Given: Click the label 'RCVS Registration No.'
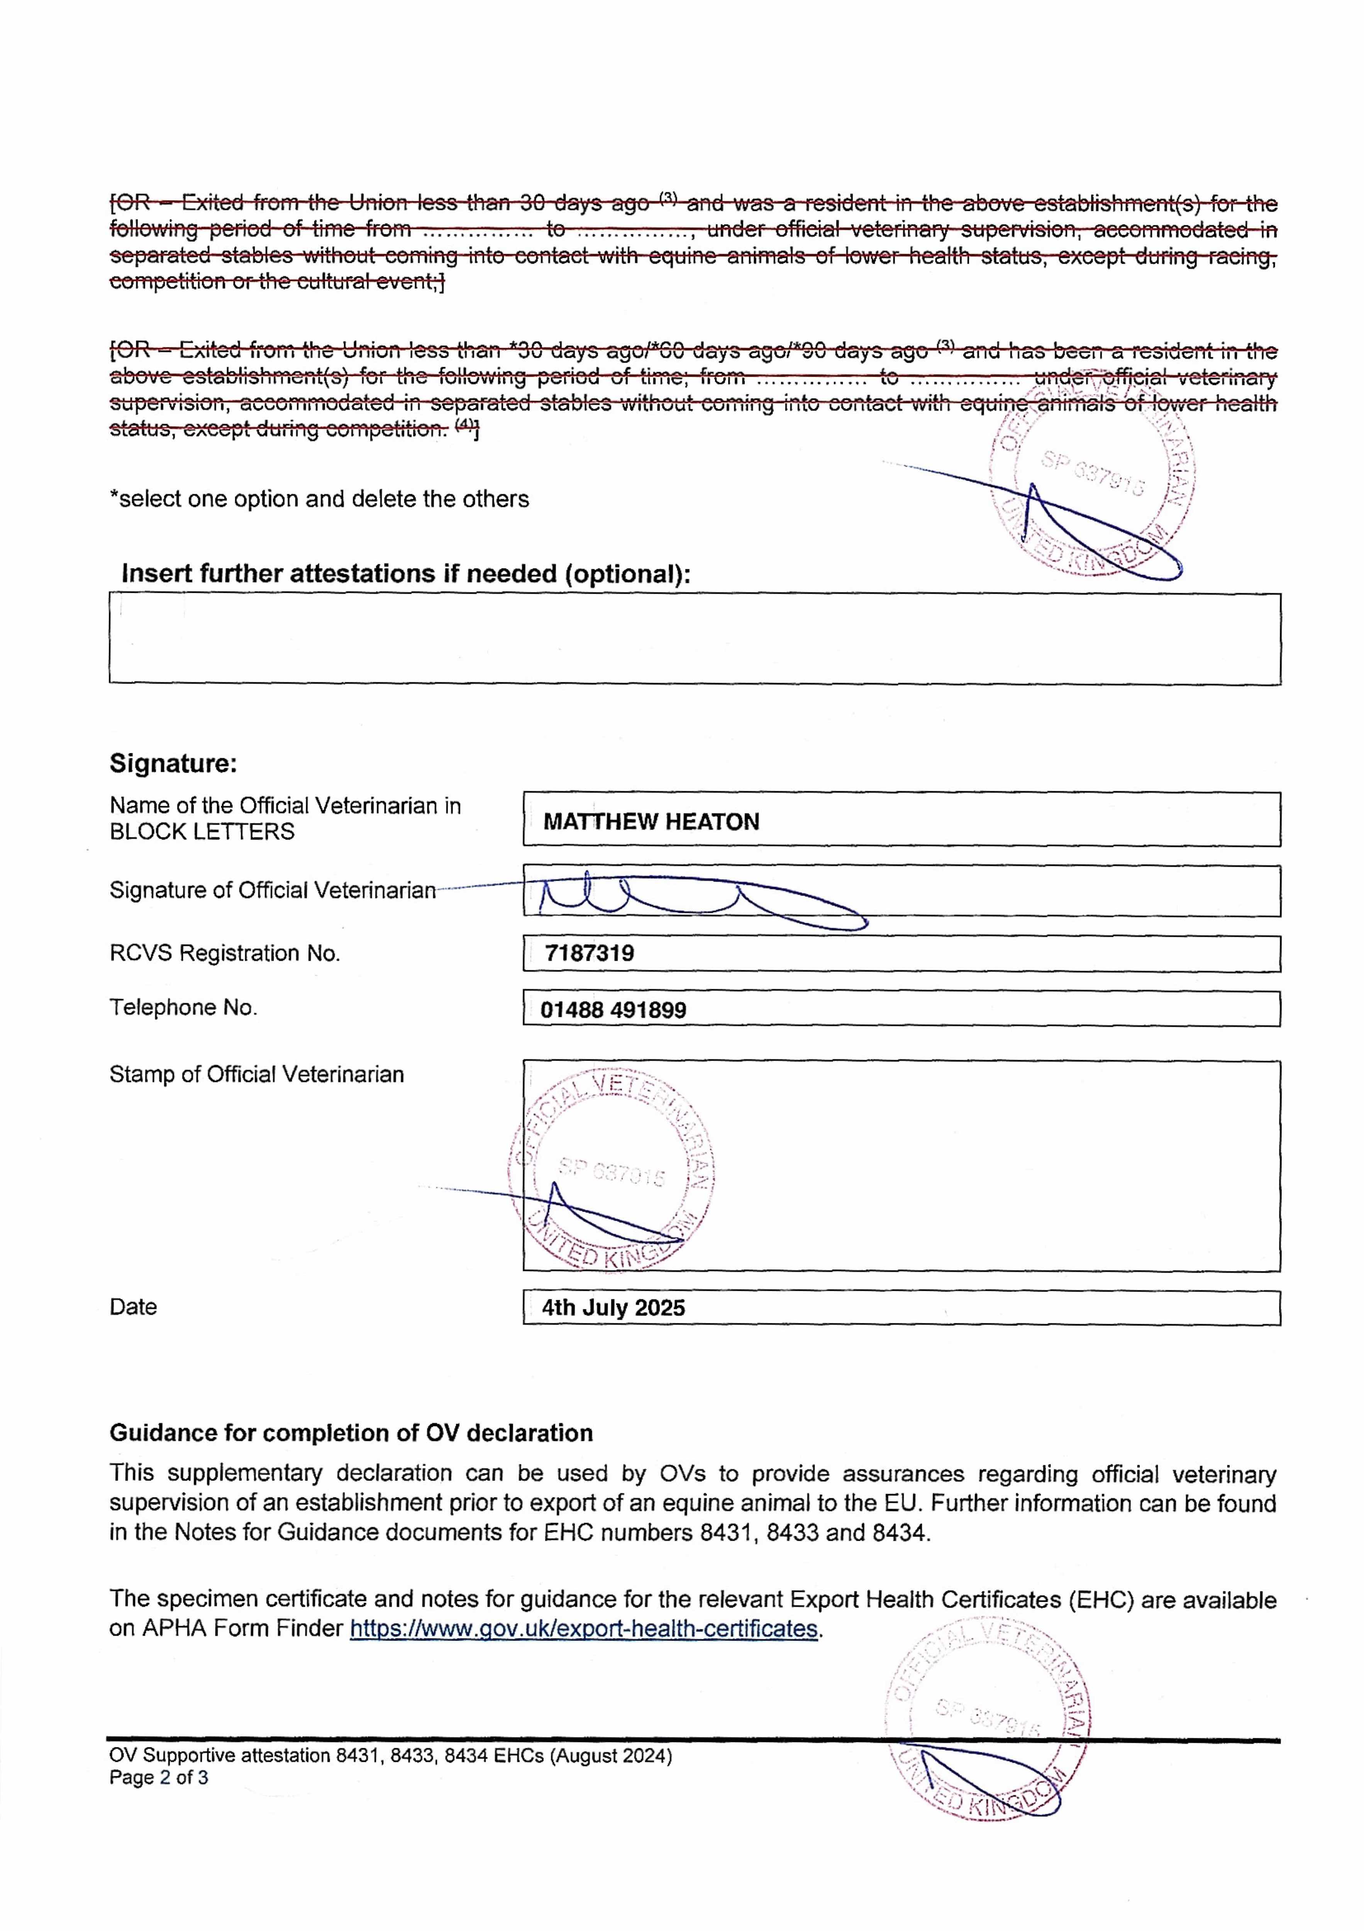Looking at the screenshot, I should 225,953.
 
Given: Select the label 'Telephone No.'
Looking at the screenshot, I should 183,1008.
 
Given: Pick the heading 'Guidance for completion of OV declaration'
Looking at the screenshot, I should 351,1433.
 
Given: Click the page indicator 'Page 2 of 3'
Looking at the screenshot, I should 159,1777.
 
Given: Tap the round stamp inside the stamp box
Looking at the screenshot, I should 612,1169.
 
